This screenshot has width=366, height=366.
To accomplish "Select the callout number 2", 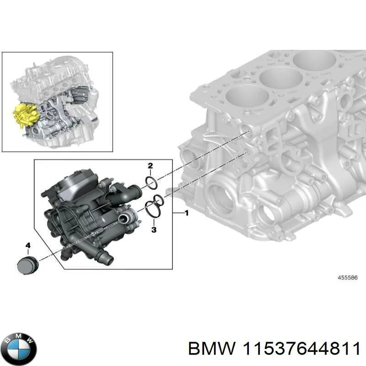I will point(150,166).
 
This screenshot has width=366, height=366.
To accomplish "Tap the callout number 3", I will point(154,229).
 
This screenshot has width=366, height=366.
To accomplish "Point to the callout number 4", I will point(28,246).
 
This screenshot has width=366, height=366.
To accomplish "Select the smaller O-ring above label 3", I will point(158,199).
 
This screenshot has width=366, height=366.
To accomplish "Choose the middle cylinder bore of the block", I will point(277,75).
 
